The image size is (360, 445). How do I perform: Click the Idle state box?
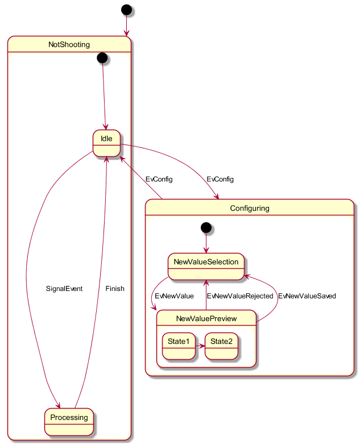(106, 143)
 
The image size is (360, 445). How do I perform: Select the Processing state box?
(69, 422)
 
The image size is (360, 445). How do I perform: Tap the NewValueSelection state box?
(206, 267)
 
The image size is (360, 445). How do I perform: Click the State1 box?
(179, 346)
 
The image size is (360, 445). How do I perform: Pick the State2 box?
(221, 346)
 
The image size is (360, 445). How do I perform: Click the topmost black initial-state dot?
(127, 10)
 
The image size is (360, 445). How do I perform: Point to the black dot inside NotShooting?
(102, 58)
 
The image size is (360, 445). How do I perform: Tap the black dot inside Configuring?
(206, 227)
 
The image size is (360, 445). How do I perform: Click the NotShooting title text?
(69, 44)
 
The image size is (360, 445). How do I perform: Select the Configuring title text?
(250, 209)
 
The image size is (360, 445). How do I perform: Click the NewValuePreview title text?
(206, 318)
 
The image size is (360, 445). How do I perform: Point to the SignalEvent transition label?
(64, 289)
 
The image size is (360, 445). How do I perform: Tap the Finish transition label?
(115, 289)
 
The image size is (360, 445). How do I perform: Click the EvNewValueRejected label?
(240, 296)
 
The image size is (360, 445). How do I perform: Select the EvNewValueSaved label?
(307, 296)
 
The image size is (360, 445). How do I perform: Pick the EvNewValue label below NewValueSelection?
(174, 296)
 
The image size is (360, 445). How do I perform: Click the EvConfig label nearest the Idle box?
(159, 179)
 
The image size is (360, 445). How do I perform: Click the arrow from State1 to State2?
(200, 346)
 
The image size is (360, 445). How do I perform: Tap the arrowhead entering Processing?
(58, 405)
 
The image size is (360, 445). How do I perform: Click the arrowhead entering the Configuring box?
(217, 197)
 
